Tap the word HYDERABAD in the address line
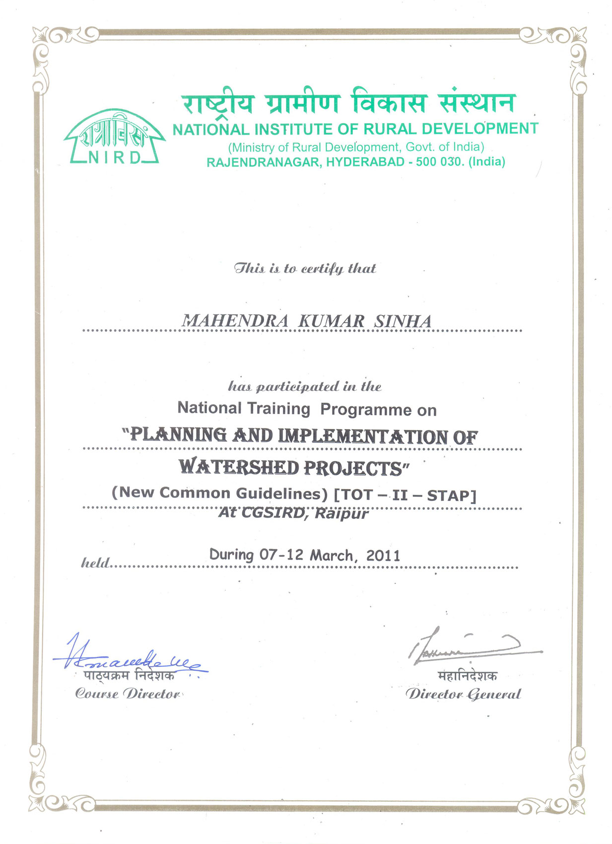[x=365, y=162]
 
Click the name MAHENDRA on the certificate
[x=235, y=321]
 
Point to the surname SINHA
[x=403, y=321]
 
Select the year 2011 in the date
[x=383, y=556]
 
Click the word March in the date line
[x=331, y=555]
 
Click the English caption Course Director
[x=128, y=694]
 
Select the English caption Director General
[x=463, y=694]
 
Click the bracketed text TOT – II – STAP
[x=405, y=495]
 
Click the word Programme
[x=365, y=410]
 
